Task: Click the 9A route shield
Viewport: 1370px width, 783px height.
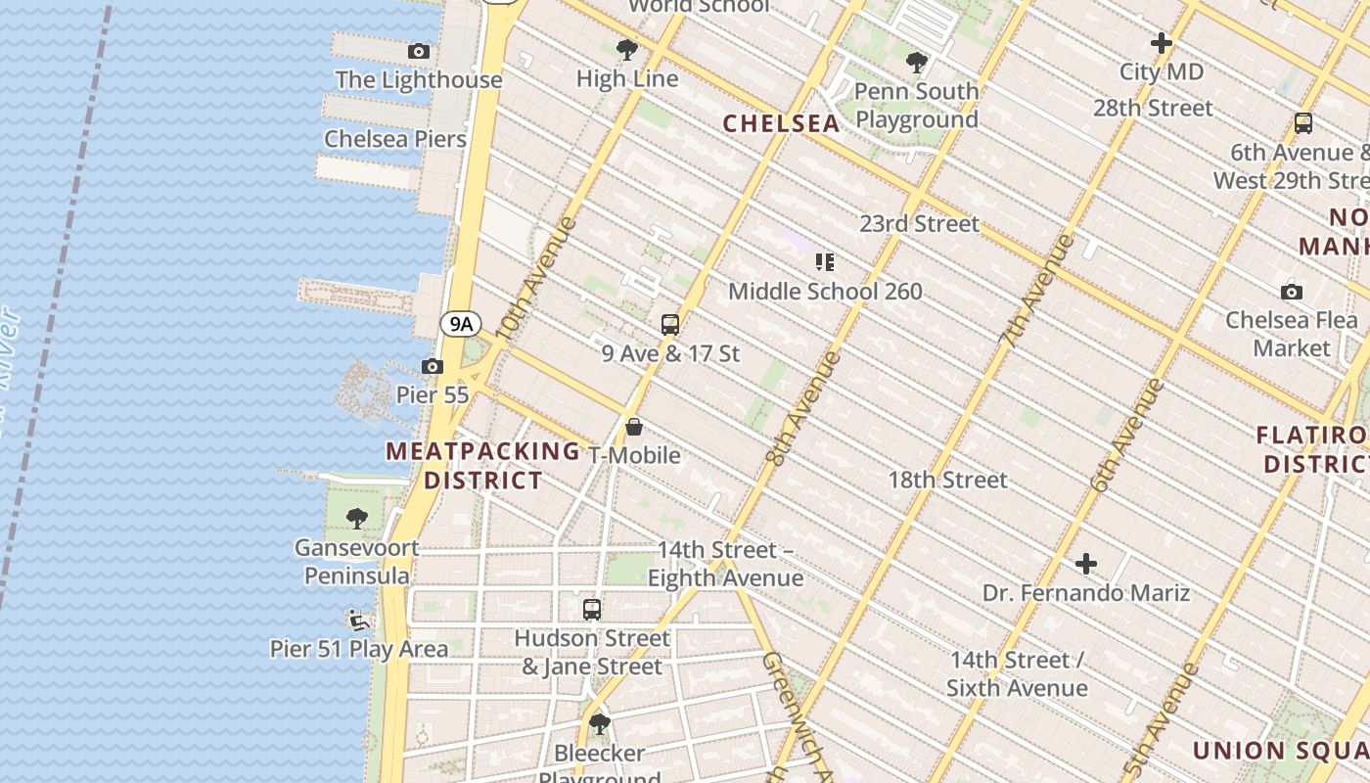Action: (460, 323)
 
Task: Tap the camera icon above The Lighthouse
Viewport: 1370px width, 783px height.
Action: (419, 52)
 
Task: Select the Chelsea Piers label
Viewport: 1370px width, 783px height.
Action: (395, 139)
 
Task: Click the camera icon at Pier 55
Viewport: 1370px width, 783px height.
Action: (432, 367)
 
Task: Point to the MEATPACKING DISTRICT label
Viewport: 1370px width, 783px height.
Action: (483, 466)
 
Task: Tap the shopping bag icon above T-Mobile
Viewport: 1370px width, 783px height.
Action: (634, 427)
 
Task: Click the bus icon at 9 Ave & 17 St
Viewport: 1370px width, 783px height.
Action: (670, 325)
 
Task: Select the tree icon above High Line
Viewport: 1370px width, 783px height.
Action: (627, 50)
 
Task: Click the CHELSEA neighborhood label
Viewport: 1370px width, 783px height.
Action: (781, 124)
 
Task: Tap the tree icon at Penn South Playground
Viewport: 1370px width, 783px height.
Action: (917, 63)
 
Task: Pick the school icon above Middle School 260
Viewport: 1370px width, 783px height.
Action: (825, 262)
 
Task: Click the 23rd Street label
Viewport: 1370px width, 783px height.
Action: (919, 224)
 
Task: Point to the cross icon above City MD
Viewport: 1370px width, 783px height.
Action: (1162, 43)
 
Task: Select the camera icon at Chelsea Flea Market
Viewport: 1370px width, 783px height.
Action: (1292, 292)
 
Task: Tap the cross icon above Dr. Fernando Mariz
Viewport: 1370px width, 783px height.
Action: (1086, 564)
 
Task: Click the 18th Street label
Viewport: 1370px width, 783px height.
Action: (947, 480)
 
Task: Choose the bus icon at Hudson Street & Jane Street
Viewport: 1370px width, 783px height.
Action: (592, 610)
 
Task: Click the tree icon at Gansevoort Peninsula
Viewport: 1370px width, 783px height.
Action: (357, 519)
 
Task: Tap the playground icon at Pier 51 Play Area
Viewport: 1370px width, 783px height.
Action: (358, 620)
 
